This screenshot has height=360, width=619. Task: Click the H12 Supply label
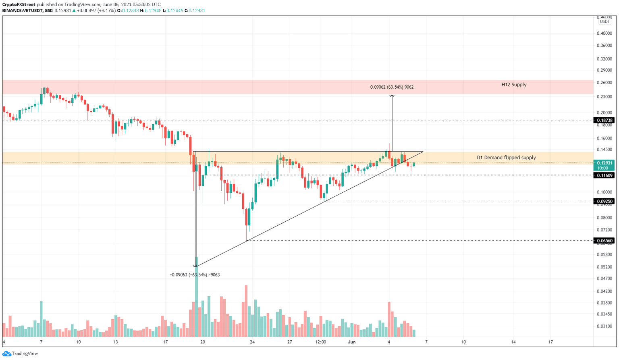coord(514,85)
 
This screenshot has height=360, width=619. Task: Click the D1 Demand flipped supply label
coord(506,158)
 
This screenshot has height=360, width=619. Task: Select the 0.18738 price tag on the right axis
coord(604,120)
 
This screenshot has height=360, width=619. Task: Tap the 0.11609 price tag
coord(604,175)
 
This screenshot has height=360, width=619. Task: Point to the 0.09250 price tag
coord(604,201)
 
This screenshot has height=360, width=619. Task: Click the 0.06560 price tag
coord(604,241)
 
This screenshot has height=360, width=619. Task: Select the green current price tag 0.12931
coord(604,163)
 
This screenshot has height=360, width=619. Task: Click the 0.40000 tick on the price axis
coord(604,33)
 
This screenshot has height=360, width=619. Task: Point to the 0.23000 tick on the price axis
coord(604,97)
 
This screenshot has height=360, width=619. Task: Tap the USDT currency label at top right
coord(604,22)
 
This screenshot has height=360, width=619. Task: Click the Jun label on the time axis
coord(352,342)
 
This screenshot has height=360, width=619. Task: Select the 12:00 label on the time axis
coord(321,342)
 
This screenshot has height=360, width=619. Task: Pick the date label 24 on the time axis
coord(252,342)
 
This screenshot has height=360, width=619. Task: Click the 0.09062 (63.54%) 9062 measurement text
coord(392,87)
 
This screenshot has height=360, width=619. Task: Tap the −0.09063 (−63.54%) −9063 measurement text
coord(195,275)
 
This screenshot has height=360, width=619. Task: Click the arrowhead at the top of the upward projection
coord(392,96)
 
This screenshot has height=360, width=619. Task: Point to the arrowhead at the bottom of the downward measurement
coord(195,266)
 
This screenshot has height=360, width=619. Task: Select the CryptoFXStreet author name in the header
coord(19,4)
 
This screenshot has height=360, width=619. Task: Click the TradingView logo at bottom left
coord(20,354)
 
